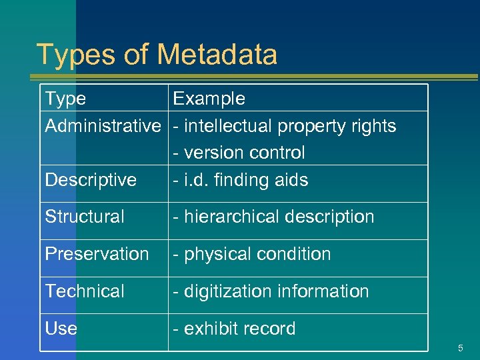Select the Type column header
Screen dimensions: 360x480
65,99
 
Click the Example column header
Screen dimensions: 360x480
209,99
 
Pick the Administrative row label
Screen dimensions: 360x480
103,126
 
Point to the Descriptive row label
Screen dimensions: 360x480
91,180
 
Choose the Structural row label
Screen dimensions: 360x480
85,217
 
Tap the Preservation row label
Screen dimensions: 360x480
97,254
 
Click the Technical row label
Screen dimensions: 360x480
85,291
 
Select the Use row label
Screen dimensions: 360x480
61,329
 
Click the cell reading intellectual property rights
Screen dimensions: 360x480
285,126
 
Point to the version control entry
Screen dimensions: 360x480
239,153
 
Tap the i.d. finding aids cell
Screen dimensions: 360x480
241,180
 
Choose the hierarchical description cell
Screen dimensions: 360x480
273,217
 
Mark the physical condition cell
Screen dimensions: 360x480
252,254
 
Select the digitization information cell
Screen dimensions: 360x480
271,291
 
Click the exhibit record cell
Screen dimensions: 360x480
234,329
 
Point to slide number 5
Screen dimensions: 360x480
460,349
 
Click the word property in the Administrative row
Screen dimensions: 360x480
311,126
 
